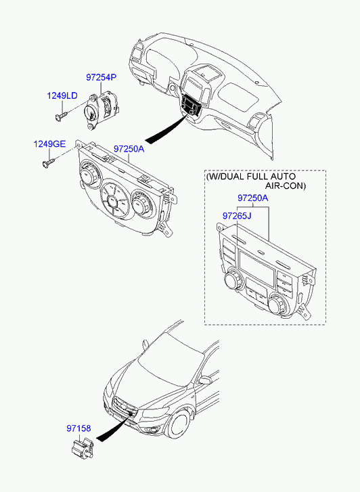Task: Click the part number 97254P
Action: point(101,77)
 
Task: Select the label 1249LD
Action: point(62,95)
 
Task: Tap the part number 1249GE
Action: point(49,144)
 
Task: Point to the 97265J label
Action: point(237,216)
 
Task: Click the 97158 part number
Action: point(78,428)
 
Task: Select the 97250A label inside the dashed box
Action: point(253,198)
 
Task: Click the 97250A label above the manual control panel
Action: point(129,149)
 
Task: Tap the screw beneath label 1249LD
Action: point(61,116)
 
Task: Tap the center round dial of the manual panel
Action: point(115,200)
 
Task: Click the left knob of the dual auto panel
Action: point(233,279)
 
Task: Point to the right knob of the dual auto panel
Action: point(279,304)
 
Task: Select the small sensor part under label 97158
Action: point(83,447)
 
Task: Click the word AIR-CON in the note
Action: point(286,185)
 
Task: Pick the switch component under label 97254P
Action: point(100,110)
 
